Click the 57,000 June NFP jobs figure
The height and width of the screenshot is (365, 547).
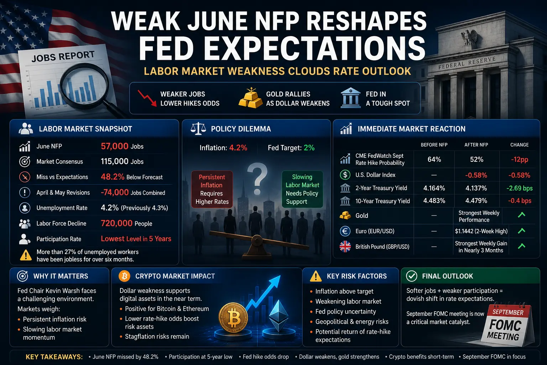[x=115, y=146]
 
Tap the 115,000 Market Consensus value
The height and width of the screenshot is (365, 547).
[x=115, y=161]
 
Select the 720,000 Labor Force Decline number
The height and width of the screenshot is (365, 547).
[x=116, y=223]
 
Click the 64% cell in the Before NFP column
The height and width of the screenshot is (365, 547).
[x=434, y=159]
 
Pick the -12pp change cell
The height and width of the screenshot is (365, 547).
[x=520, y=160]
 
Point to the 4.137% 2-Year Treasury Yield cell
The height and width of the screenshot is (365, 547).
[x=476, y=188]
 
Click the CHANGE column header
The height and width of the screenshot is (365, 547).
[x=520, y=145]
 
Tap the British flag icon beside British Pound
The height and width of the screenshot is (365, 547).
[x=345, y=246]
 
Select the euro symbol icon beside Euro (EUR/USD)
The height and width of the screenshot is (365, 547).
[x=345, y=231]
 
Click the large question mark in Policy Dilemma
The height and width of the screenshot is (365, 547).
[x=257, y=179]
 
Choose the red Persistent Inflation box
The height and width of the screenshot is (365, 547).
[x=212, y=189]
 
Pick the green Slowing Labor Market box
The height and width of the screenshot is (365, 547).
[x=302, y=189]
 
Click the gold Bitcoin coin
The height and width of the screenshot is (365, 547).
[x=233, y=318]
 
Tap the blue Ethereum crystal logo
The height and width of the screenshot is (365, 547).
[x=278, y=315]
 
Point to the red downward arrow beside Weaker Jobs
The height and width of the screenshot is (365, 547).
[x=147, y=98]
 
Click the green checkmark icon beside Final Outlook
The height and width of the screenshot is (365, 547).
[x=411, y=276]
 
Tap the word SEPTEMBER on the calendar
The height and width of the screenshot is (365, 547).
[x=508, y=312]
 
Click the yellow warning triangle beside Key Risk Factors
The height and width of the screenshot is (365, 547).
[x=316, y=276]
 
